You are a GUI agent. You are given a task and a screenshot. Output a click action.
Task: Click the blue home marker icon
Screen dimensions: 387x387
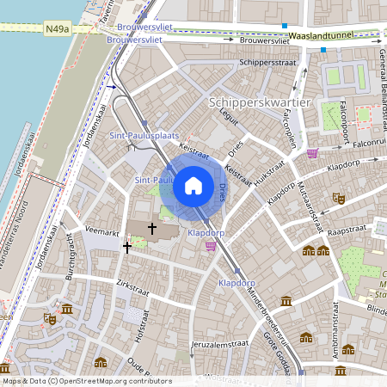[x=193, y=185]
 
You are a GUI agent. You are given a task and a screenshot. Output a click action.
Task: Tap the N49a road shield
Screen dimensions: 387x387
[x=57, y=28]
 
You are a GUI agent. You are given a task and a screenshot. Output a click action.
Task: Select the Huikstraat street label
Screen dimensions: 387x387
[x=269, y=172]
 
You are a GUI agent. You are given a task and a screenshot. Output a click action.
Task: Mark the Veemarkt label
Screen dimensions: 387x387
[x=103, y=231]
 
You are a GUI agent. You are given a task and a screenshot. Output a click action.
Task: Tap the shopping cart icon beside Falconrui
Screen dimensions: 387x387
[x=312, y=153]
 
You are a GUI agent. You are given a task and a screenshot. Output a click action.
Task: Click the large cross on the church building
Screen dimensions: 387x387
[x=153, y=229]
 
